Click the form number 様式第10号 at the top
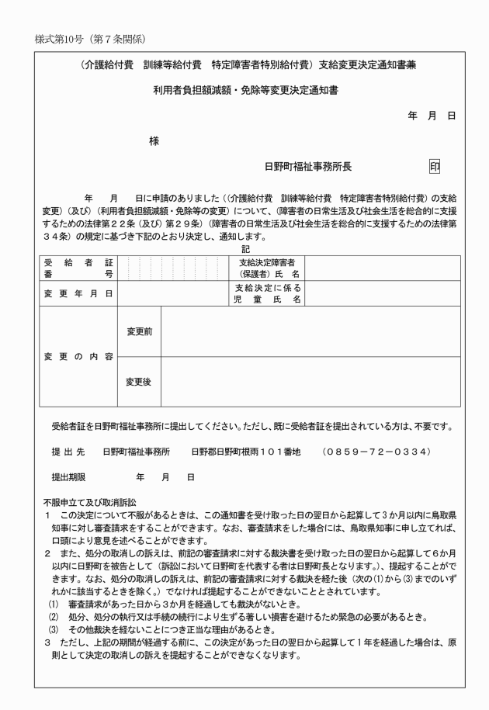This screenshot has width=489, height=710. click(x=64, y=38)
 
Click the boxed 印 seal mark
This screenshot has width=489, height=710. click(x=435, y=166)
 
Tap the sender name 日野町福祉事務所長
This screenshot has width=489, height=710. click(x=308, y=166)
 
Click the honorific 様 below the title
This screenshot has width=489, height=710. click(x=154, y=141)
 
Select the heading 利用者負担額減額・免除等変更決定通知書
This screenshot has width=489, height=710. click(x=244, y=91)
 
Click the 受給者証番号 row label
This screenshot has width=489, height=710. click(x=78, y=268)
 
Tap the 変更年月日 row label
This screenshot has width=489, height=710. click(x=78, y=293)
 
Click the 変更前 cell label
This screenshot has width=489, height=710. click(x=139, y=331)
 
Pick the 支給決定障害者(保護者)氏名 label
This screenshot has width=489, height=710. click(x=269, y=268)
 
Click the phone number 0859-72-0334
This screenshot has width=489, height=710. click(x=376, y=451)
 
